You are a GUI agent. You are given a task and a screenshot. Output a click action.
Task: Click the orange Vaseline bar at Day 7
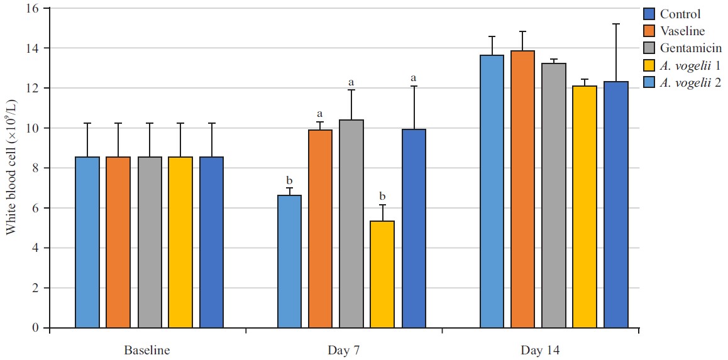[320, 229]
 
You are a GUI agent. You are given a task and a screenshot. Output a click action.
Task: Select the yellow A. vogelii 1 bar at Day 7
[382, 274]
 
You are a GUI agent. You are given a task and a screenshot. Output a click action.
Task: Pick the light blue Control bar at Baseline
[87, 242]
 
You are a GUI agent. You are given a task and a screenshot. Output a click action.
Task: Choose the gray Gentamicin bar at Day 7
[351, 224]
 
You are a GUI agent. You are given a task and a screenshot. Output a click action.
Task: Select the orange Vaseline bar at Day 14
[523, 189]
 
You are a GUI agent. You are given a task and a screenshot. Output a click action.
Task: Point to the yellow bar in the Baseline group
[180, 242]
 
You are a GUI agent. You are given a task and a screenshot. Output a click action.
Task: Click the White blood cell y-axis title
[11, 168]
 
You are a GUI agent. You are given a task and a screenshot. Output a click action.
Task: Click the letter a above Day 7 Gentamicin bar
[351, 82]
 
